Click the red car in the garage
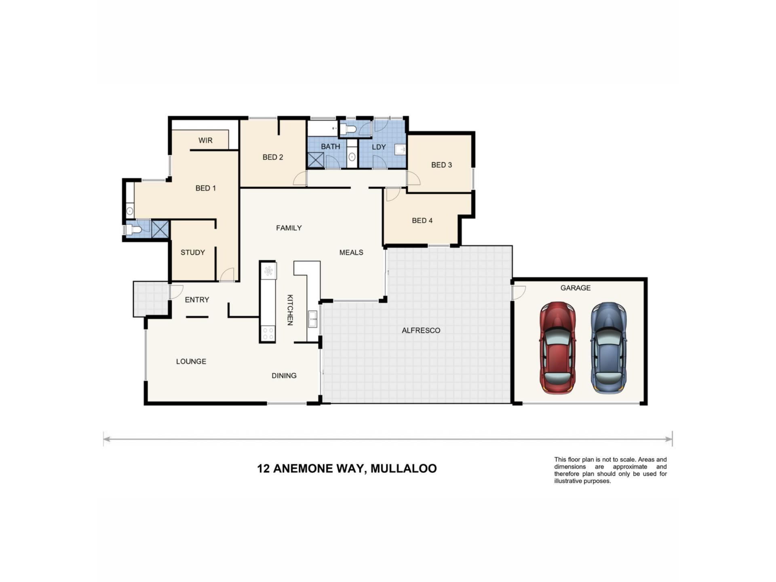tap(558, 348)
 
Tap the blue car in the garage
tap(609, 348)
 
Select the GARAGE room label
tap(575, 288)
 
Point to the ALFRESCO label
tap(421, 330)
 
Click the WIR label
tap(205, 140)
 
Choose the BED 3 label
tap(441, 165)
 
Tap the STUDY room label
tap(192, 252)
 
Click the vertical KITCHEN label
tap(290, 310)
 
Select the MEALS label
tap(351, 252)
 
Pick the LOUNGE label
tap(191, 361)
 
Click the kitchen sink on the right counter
tap(312, 319)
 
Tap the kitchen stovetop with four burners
tap(268, 333)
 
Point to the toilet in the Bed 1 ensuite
tap(133, 230)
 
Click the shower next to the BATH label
tap(315, 160)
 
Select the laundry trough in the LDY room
tap(400, 150)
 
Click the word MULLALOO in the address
tap(403, 468)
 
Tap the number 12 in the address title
tap(263, 468)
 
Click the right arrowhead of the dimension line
tap(669, 439)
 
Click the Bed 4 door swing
tap(393, 195)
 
